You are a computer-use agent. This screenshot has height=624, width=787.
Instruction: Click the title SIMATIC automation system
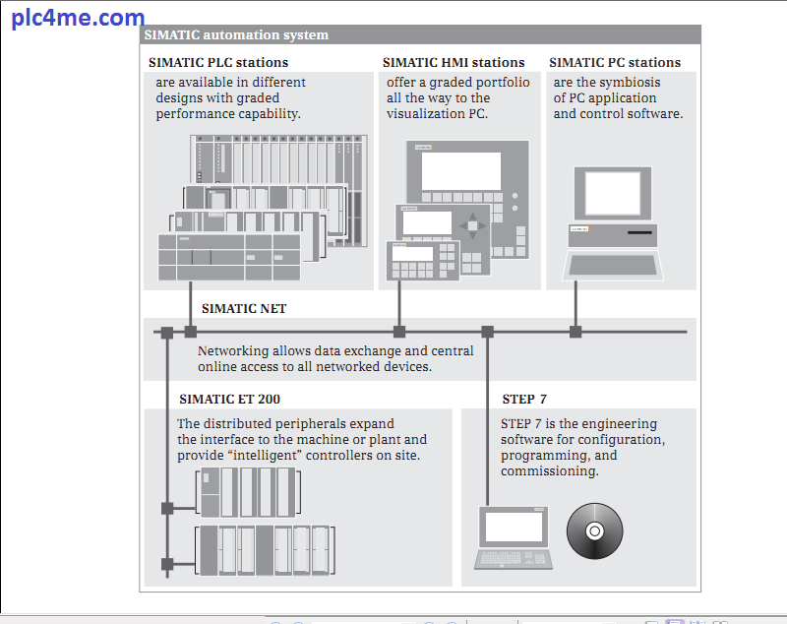(236, 35)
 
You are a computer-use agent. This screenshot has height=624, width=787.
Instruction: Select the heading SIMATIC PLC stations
(218, 63)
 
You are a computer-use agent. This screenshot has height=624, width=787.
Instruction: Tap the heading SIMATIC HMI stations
(454, 63)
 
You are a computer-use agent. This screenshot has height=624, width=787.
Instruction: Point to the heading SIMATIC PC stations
(615, 63)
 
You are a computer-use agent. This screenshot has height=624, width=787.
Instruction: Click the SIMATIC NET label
(244, 308)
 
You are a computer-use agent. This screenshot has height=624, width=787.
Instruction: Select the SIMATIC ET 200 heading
(229, 400)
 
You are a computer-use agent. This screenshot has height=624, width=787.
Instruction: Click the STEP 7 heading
(524, 400)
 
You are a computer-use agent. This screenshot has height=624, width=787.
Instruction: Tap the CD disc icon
(595, 532)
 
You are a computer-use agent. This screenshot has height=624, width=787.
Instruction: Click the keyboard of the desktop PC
(612, 265)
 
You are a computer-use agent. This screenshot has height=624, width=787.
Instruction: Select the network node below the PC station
(575, 332)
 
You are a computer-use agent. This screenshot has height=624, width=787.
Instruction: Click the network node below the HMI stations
(399, 332)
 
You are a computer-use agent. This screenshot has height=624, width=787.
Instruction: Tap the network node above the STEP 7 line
(487, 332)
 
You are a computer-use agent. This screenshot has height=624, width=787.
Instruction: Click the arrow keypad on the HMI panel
(474, 224)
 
